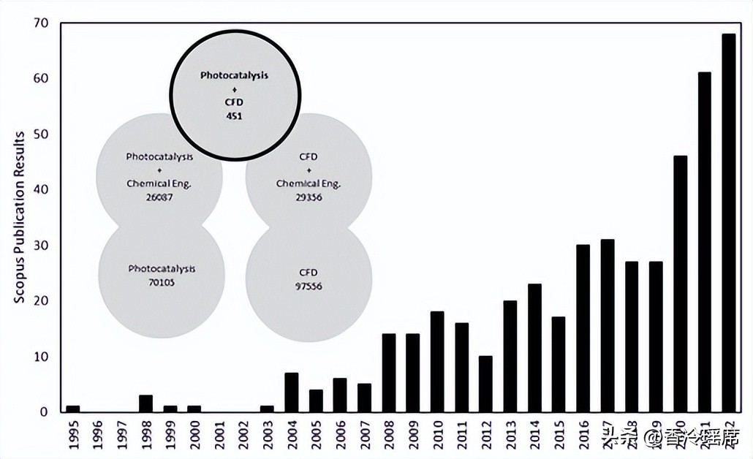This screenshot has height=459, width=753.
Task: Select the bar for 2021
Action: click(704, 242)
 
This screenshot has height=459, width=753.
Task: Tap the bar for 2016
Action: click(583, 328)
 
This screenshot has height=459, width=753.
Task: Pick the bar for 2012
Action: click(485, 384)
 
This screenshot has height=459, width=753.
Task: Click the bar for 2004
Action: click(292, 392)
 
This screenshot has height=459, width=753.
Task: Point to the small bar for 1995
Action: click(73, 408)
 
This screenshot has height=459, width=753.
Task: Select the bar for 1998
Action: click(146, 403)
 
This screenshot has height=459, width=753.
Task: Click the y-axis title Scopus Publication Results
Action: click(20, 218)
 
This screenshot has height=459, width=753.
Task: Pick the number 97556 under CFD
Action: click(309, 287)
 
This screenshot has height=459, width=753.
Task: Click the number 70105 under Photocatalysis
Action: click(162, 281)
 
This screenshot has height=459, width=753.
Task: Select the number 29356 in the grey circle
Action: click(309, 197)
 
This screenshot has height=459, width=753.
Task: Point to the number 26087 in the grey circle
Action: click(159, 197)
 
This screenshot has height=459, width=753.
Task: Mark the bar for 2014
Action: click(534, 347)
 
